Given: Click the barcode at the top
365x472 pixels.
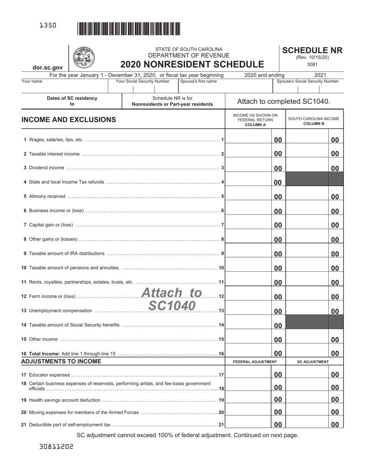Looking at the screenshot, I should tap(129, 29).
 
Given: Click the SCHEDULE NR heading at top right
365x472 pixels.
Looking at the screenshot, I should tap(312, 50).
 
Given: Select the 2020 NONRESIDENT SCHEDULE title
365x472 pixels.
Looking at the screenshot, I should tap(192, 64).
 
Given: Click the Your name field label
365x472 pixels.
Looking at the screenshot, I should tap(32, 81).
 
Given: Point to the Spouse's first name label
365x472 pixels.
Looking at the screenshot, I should tap(198, 81).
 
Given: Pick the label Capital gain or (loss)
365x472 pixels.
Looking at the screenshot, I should tap(51, 225).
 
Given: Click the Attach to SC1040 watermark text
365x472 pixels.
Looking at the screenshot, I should tap(171, 299).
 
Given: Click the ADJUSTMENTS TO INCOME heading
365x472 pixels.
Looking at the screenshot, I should tap(61, 361).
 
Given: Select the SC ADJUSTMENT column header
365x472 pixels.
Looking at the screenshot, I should tap(313, 361).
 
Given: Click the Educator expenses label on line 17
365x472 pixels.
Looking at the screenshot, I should tap(49, 375).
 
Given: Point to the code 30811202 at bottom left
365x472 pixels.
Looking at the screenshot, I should tap(56, 447).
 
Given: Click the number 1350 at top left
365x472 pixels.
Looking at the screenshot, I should tap(48, 25).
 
